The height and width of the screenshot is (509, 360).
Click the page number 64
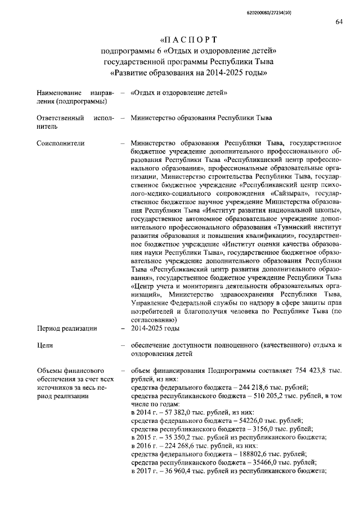click(x=339, y=22)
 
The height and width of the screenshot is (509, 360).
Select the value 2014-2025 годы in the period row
click(x=155, y=328)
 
